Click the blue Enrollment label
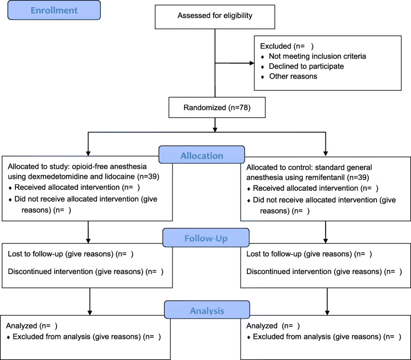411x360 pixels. [x=54, y=10]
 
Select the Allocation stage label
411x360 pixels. [x=202, y=155]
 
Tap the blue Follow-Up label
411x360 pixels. [x=206, y=238]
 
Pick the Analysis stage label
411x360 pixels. [x=207, y=310]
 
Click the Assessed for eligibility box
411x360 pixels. [x=215, y=17]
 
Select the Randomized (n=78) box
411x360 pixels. [x=217, y=108]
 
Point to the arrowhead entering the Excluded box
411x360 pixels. [x=252, y=63]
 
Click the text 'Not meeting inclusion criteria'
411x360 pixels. [x=318, y=56]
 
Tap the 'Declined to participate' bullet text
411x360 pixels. [x=307, y=66]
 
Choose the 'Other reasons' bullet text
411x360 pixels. [x=293, y=76]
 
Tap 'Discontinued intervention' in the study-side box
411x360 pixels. [x=50, y=271]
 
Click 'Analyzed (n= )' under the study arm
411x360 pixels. [x=32, y=326]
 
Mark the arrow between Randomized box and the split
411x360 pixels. [x=215, y=125]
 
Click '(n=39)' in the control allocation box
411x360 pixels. [x=358, y=178]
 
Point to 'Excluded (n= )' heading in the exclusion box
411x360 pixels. [x=287, y=46]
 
